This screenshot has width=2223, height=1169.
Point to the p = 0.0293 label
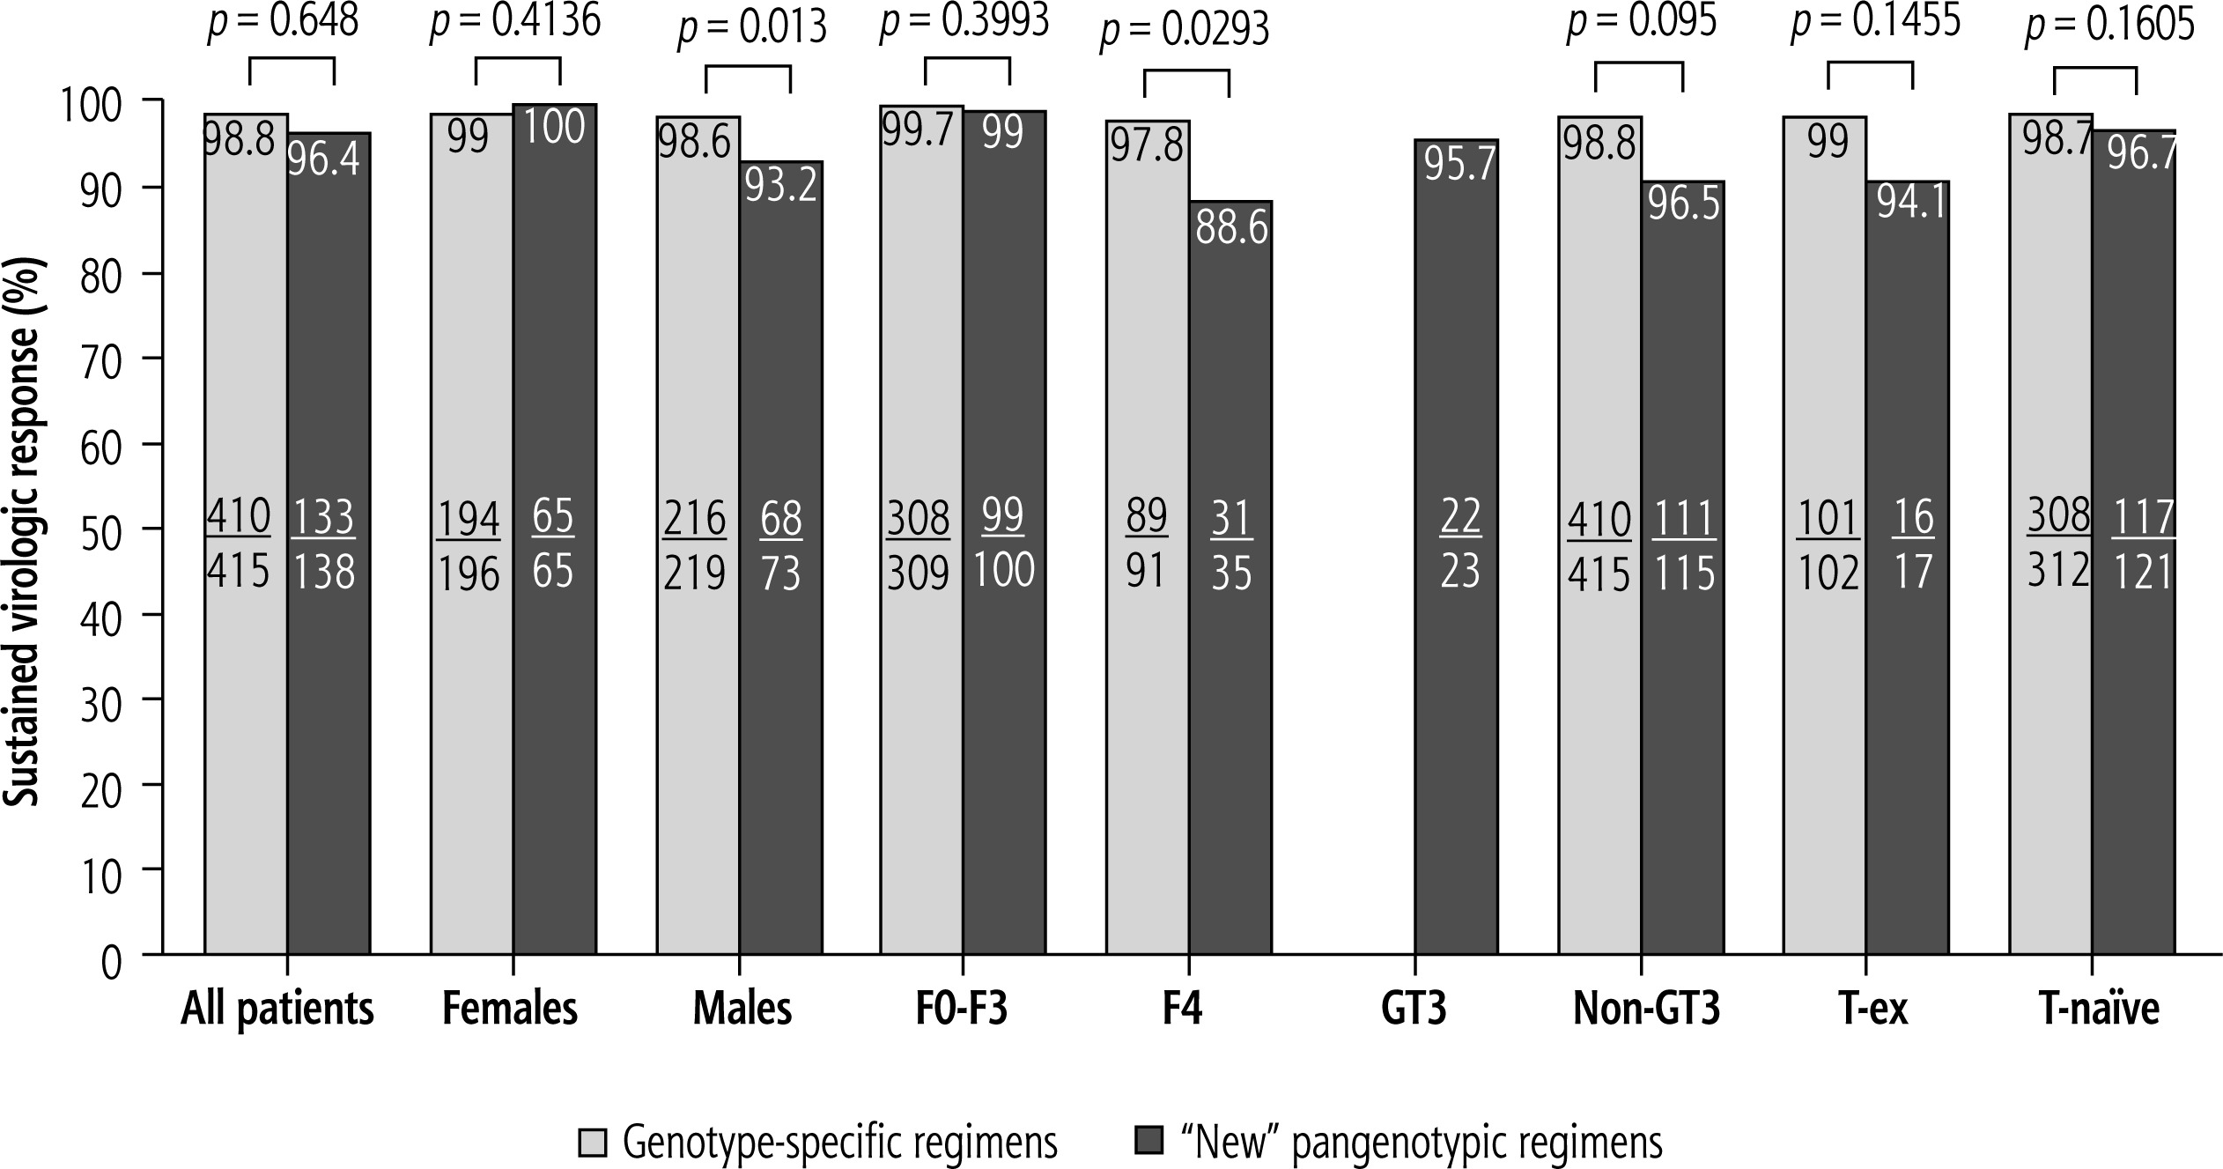click(1185, 30)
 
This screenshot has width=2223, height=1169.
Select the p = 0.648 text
click(283, 21)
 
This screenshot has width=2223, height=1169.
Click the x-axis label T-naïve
click(2099, 1010)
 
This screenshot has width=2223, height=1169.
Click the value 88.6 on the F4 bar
click(1230, 229)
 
